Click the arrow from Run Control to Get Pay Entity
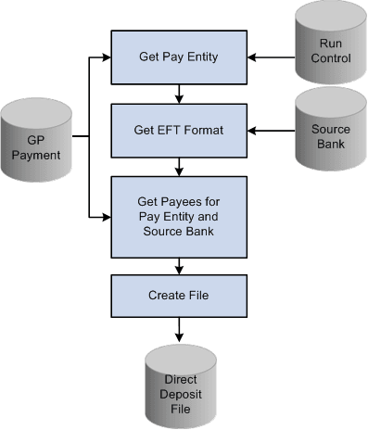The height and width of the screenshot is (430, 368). pyautogui.click(x=273, y=58)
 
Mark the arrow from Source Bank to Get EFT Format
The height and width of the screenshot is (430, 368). pyautogui.click(x=273, y=129)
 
